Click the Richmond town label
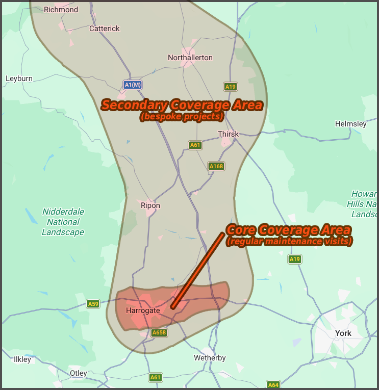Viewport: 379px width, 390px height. [61, 10]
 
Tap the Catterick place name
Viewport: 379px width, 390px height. [105, 29]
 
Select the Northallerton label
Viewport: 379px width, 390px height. [190, 58]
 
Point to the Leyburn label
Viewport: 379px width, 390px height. [19, 79]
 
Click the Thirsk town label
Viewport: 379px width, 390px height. [228, 134]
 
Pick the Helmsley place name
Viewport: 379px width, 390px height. [350, 124]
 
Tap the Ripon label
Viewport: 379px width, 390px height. [150, 206]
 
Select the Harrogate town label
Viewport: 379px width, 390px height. [143, 310]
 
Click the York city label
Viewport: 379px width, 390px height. [343, 333]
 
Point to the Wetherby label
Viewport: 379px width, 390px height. [210, 358]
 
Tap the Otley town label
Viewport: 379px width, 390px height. [79, 373]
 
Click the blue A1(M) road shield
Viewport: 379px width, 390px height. [133, 85]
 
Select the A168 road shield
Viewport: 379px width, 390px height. [216, 166]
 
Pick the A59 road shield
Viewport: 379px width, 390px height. [93, 304]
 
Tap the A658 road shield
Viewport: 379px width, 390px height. [159, 333]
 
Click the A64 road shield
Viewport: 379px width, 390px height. [273, 385]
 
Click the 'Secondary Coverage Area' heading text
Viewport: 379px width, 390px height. [182, 106]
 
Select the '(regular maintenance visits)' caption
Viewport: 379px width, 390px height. [289, 242]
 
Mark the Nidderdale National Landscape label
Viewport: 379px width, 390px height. [63, 222]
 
